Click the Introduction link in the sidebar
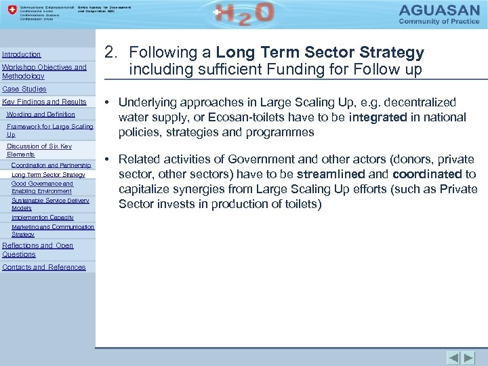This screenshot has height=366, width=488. pyautogui.click(x=22, y=54)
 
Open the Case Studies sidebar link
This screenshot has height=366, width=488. pyautogui.click(x=24, y=89)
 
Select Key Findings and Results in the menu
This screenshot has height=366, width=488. pyautogui.click(x=45, y=102)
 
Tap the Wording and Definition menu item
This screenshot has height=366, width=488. pyautogui.click(x=41, y=115)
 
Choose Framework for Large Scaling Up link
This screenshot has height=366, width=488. pyautogui.click(x=49, y=130)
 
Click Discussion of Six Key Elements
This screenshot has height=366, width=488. pyautogui.click(x=39, y=150)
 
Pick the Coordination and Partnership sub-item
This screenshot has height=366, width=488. pyautogui.click(x=51, y=165)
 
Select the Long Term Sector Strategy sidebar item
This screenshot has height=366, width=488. pyautogui.click(x=48, y=175)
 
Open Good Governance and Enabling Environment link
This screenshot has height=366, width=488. pyautogui.click(x=42, y=187)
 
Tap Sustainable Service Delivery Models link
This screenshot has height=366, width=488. pyautogui.click(x=50, y=204)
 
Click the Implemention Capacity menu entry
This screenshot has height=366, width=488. pyautogui.click(x=43, y=218)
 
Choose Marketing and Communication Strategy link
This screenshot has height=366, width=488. pyautogui.click(x=53, y=230)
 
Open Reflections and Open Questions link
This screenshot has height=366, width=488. pyautogui.click(x=38, y=249)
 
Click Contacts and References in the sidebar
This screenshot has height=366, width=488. pyautogui.click(x=44, y=267)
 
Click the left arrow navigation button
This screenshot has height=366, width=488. pyautogui.click(x=453, y=357)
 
